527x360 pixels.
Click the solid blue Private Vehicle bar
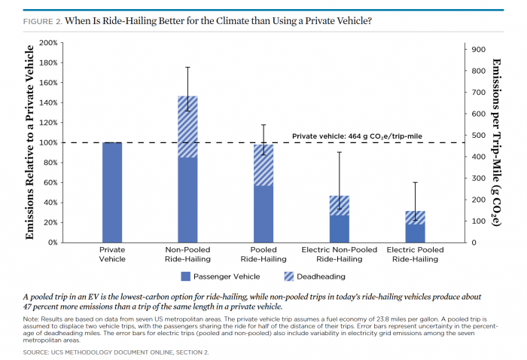tap(112, 192)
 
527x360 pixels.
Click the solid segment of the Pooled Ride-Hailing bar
tap(263, 214)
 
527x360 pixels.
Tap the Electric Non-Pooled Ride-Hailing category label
tap(339, 254)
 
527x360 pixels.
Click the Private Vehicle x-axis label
tap(112, 254)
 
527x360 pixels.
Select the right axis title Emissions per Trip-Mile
tap(497, 142)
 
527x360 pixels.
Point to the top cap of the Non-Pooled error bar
tap(187, 67)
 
